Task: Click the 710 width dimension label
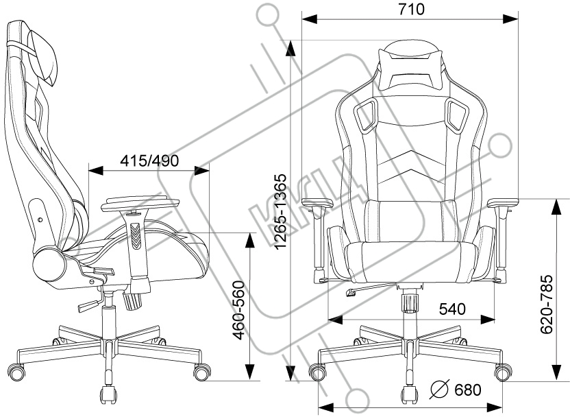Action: coord(410,9)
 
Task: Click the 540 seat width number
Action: coord(452,309)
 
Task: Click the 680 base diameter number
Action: coord(468,390)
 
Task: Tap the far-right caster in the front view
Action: coord(503,372)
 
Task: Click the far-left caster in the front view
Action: coord(318,372)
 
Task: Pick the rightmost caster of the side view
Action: coord(201,372)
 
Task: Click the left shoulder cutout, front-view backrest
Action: coord(366,113)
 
